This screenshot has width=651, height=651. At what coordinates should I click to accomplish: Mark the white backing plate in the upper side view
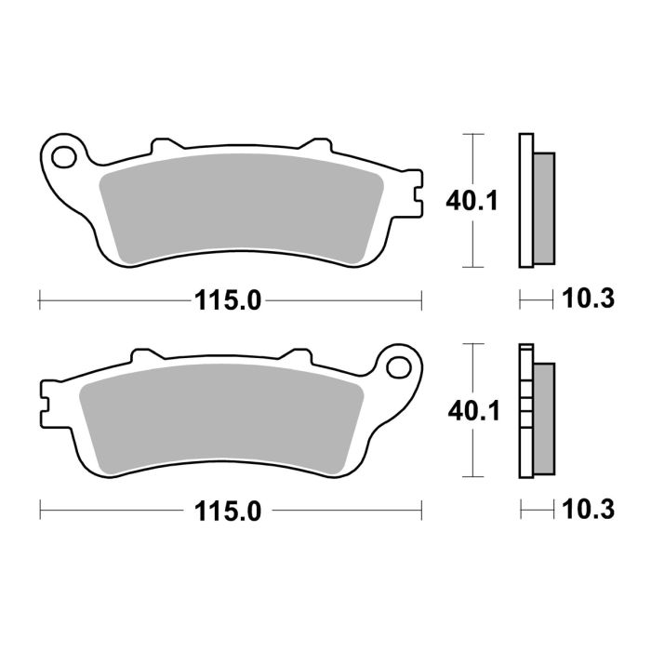(525, 199)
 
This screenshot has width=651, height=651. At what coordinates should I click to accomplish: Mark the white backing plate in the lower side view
(525, 410)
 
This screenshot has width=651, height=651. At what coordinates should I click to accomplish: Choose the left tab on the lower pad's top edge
(145, 355)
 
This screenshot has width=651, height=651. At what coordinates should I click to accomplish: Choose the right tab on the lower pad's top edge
(297, 355)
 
